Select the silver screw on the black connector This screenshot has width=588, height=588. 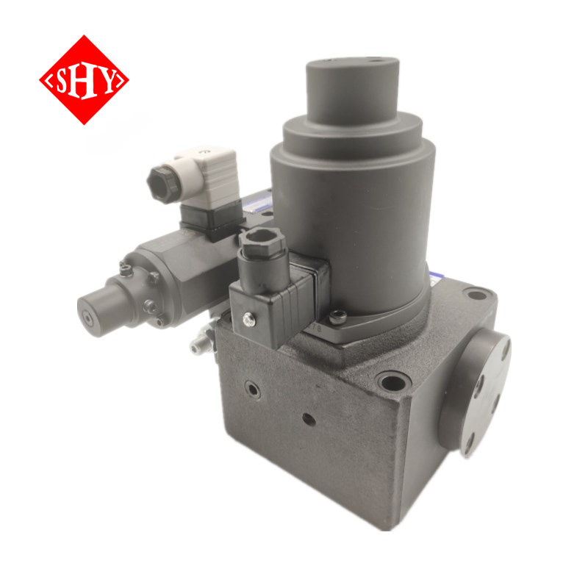point(248,320)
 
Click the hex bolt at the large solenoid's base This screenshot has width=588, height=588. point(337,318)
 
